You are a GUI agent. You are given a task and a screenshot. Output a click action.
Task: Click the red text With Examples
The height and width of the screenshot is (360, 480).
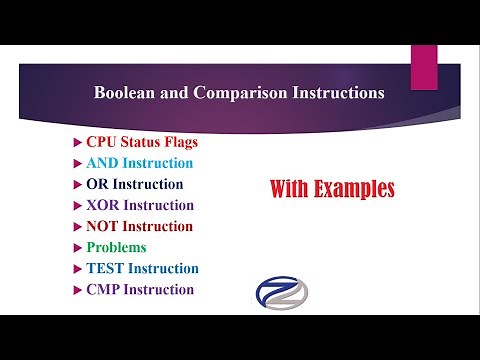[332, 189]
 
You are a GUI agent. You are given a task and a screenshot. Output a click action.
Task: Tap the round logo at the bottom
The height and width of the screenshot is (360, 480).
[283, 293]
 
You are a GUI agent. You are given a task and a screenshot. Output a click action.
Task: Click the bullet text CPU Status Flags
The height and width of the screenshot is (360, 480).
[142, 142]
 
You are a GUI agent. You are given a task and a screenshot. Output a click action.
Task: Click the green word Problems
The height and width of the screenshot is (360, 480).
[116, 247]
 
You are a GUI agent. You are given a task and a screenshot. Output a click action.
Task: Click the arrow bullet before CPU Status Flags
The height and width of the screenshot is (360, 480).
[79, 142]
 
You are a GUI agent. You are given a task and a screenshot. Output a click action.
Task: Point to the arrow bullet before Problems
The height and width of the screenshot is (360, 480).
[79, 247]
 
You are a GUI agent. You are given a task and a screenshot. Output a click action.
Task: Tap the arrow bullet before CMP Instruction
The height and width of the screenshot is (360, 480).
[79, 289]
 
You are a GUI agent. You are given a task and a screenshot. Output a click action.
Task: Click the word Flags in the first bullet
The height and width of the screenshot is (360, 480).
[177, 142]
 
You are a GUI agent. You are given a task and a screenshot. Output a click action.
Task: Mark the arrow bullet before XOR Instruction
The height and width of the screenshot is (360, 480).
[79, 205]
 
